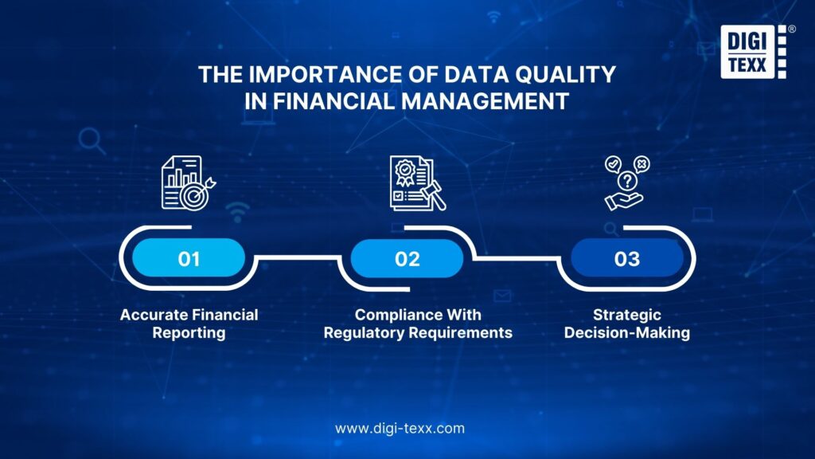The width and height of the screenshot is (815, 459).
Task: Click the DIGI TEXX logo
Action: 752,52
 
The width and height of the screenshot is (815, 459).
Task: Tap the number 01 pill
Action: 189,259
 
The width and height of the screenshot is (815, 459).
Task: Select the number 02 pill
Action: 407,259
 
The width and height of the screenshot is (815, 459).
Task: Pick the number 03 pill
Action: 626,259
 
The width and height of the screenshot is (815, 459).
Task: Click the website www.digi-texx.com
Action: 400,428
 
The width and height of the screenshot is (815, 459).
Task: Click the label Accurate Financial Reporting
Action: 189,324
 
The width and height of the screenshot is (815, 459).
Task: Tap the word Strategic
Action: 626,315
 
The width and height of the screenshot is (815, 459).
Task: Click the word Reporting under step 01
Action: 189,333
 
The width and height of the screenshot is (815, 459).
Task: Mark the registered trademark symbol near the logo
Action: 791,29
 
